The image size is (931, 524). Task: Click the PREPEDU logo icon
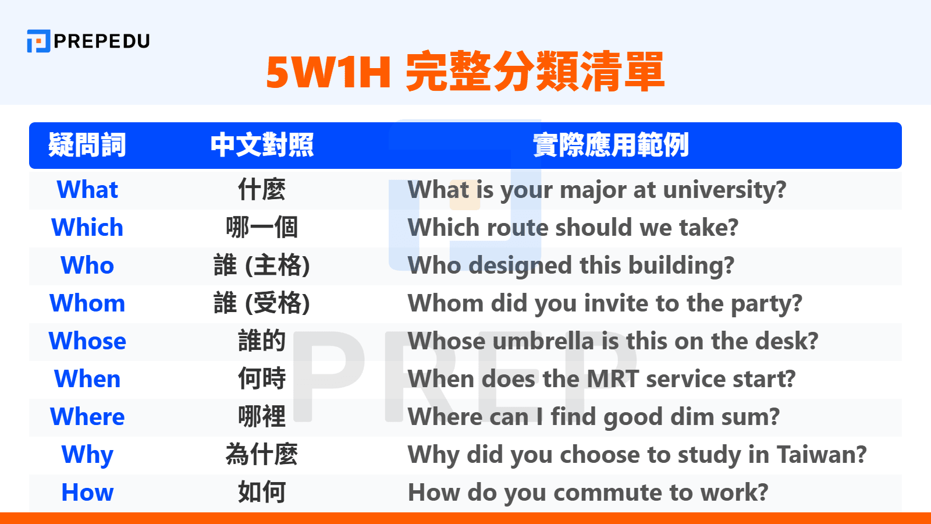pos(38,41)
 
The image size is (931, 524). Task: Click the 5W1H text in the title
pos(328,72)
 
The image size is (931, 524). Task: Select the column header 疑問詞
pos(87,145)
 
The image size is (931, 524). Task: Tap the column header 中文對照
pos(262,145)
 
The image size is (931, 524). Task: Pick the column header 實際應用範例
pos(610,145)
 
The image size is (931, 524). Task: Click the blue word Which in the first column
pos(87,228)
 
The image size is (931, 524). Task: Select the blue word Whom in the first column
pos(87,303)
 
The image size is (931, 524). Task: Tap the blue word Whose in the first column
pos(87,341)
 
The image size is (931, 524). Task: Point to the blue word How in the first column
pos(87,493)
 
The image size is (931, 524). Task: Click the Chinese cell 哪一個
pos(262,228)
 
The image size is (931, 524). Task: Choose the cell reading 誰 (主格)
pos(262,265)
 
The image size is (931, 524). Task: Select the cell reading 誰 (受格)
pos(262,303)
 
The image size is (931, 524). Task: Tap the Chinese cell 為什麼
pos(262,455)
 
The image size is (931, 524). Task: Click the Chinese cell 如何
pos(262,493)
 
